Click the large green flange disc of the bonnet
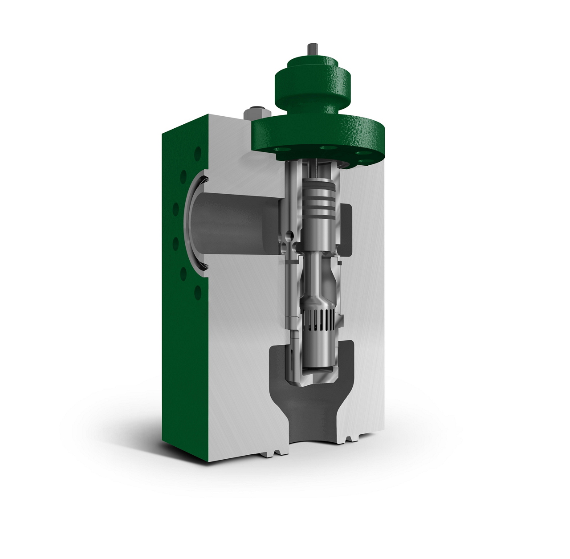pos(318,134)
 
